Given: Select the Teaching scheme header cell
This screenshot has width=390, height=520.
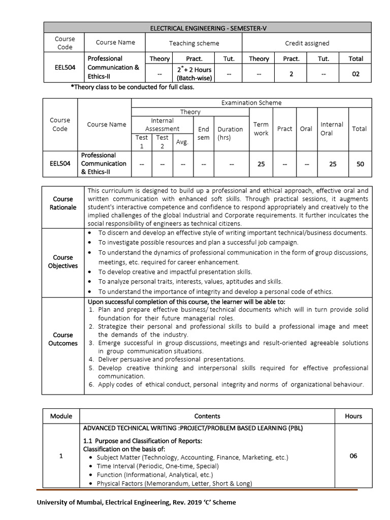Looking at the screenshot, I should (x=194, y=43).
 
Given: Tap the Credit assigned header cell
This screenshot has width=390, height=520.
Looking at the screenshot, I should (x=307, y=43).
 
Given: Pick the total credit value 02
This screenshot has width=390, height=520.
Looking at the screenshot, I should (x=355, y=74).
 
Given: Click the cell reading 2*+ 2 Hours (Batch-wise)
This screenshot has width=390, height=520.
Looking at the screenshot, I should (x=194, y=74).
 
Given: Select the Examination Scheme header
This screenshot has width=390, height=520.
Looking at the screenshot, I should (x=251, y=103).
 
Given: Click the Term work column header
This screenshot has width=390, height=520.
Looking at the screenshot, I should (x=261, y=128).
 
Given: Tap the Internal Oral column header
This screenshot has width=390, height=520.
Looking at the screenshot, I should (x=332, y=128).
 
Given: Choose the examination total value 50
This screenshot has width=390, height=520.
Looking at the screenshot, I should (x=359, y=164).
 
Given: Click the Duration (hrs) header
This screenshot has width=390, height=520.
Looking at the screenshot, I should (x=230, y=133).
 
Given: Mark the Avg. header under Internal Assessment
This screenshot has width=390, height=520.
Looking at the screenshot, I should (x=182, y=142).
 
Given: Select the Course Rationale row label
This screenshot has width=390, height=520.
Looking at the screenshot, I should (x=63, y=203).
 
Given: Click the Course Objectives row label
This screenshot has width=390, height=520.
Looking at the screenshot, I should (x=63, y=262).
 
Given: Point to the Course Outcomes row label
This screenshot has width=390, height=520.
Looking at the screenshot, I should (x=63, y=339).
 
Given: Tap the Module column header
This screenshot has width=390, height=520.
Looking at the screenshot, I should (x=61, y=416).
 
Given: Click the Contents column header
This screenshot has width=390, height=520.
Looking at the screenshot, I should (x=207, y=416).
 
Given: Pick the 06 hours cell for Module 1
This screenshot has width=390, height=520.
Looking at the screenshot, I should (x=353, y=456).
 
